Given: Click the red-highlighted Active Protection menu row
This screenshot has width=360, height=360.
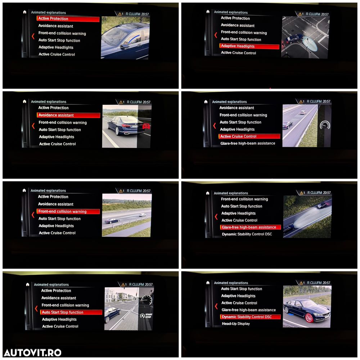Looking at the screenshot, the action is pos(68,19).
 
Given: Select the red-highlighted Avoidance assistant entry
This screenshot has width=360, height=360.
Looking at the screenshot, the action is pos(68,115).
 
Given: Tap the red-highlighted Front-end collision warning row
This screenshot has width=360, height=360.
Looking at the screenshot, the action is pos(68,211).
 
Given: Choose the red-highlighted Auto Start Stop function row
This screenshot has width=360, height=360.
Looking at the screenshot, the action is pos(71,312).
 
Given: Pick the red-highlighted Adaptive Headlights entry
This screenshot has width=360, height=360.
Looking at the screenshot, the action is pos(249,46).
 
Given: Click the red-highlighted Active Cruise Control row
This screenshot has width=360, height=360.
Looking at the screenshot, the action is pos(249,136).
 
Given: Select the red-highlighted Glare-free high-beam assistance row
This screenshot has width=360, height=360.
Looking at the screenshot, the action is pos(251,227).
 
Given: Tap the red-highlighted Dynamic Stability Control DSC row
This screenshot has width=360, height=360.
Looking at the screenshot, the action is pos(250,317).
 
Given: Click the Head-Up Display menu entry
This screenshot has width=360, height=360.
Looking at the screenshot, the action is pos(236,324).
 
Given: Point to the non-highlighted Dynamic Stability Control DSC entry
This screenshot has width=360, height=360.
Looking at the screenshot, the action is pos(247,234).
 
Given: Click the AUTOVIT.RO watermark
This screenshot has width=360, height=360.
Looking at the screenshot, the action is pos(33,353).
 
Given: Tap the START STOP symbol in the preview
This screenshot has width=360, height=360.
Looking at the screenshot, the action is pos(146,316).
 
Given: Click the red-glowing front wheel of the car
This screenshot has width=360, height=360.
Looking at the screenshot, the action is pos(309,318).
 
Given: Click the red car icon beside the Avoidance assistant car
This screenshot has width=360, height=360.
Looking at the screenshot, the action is pos(146,126).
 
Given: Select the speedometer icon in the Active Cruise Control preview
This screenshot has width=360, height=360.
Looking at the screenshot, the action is pos(325,125).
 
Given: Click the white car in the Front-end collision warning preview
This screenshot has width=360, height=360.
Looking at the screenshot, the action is pos(143,215).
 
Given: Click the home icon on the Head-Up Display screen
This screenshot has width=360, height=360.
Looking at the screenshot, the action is pos(208,283).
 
